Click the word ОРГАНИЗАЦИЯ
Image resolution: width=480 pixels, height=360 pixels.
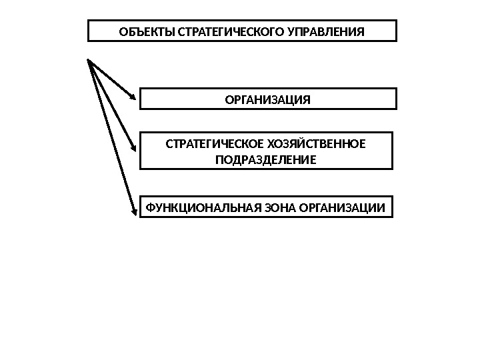pyautogui.click(x=268, y=100)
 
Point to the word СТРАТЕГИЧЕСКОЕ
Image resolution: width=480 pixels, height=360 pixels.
pyautogui.click(x=209, y=143)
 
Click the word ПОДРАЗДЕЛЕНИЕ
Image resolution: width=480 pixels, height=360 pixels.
pyautogui.click(x=266, y=160)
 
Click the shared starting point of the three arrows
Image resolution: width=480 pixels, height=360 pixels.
pyautogui.click(x=89, y=60)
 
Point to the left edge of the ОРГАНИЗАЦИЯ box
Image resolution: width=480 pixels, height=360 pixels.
pyautogui.click(x=139, y=99)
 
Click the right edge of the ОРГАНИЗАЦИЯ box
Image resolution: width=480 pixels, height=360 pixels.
pyautogui.click(x=396, y=99)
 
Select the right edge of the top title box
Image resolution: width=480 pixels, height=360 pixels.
pyautogui.click(x=396, y=31)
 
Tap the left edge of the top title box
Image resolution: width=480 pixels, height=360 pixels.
pyautogui.click(x=89, y=31)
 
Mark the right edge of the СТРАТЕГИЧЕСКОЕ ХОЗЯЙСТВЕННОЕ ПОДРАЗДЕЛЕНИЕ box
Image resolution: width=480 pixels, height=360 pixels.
pyautogui.click(x=393, y=151)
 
